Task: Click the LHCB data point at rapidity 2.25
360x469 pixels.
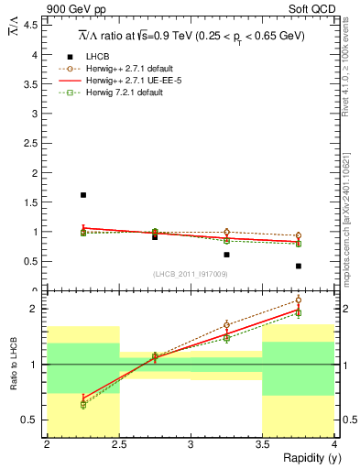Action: coord(83,195)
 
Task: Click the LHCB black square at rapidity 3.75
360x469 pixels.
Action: coord(299,266)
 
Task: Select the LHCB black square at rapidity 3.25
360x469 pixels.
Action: coord(226,255)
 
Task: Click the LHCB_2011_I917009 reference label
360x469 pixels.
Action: coord(191,274)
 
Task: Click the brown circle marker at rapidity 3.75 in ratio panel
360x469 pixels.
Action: coord(299,300)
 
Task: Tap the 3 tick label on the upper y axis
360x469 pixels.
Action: coord(36,114)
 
